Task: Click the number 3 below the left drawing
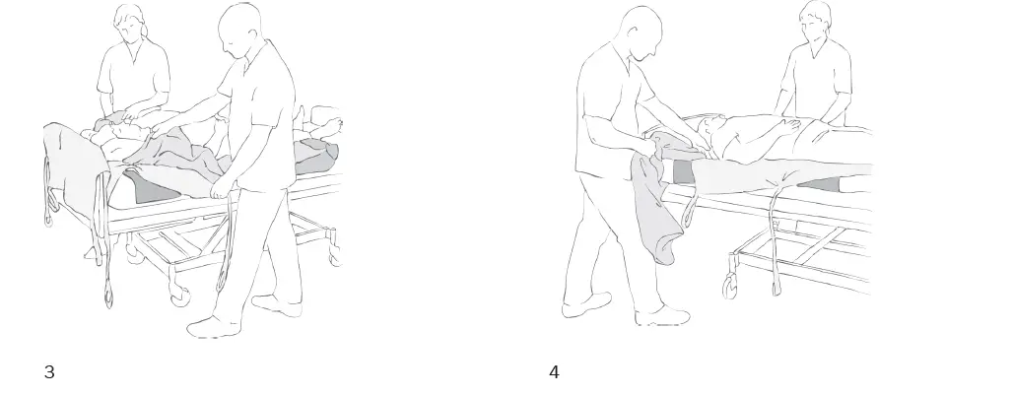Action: [49, 372]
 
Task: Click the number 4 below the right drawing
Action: [555, 372]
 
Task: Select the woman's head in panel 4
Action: [815, 21]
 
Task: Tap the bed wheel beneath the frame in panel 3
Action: [179, 295]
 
